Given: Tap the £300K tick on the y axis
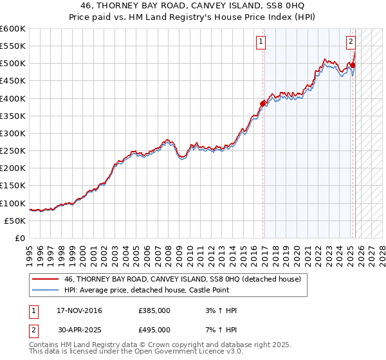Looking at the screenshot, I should (x=13, y=133).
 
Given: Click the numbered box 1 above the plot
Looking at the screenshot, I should (x=261, y=42).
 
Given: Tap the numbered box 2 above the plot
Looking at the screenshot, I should (x=351, y=42).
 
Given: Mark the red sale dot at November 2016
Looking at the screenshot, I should (x=263, y=104).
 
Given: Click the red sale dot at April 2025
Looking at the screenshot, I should (x=353, y=65).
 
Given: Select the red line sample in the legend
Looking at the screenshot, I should (x=45, y=280).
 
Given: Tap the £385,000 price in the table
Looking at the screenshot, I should (x=154, y=310).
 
